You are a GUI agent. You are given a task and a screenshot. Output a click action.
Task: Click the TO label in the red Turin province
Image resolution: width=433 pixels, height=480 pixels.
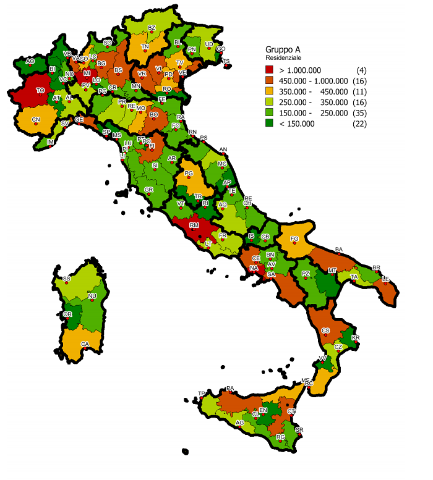pyautogui.click(x=40, y=90)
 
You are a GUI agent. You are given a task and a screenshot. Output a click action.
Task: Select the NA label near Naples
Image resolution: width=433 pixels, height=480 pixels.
pyautogui.click(x=254, y=268)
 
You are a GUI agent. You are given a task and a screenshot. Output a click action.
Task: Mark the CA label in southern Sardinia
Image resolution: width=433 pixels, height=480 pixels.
pyautogui.click(x=85, y=343)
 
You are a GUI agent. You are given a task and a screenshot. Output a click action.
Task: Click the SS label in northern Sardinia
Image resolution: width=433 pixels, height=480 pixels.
pyautogui.click(x=66, y=279)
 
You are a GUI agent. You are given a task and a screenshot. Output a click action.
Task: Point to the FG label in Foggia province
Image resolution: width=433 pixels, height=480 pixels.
pyautogui.click(x=294, y=238)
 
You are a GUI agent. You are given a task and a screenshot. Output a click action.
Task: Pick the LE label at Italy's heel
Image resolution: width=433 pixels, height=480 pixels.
pyautogui.click(x=385, y=279)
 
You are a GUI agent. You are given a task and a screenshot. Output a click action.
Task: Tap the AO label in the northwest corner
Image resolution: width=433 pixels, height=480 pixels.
pyautogui.click(x=30, y=61)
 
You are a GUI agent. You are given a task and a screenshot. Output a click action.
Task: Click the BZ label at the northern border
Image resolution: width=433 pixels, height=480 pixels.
pyautogui.click(x=152, y=28)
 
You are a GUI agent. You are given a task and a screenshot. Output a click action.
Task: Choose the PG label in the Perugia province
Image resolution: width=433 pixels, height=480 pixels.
pyautogui.click(x=189, y=174)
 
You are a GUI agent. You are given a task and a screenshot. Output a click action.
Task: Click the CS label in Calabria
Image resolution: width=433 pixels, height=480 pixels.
pyautogui.click(x=325, y=331)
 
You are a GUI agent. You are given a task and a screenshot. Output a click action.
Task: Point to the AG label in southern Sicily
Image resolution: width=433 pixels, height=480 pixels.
pyautogui.click(x=239, y=423)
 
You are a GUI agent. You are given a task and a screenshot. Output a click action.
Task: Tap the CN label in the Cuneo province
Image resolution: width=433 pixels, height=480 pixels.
pyautogui.click(x=36, y=119)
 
